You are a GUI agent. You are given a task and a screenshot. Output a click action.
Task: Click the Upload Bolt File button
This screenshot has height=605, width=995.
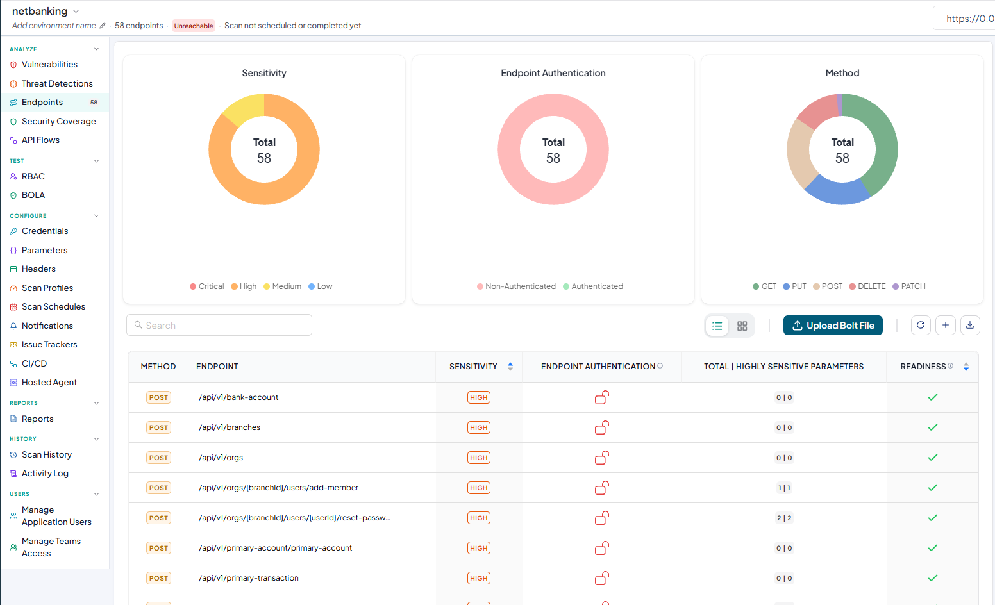[x=833, y=326]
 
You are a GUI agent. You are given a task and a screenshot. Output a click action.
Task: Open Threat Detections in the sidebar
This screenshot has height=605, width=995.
[x=57, y=83]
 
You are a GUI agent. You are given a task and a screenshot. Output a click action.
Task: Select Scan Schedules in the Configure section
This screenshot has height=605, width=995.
[x=53, y=306]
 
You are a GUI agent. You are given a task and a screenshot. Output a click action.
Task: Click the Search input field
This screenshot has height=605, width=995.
[x=219, y=325]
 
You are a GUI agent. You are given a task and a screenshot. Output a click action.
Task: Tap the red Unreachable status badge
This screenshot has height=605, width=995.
[x=193, y=26]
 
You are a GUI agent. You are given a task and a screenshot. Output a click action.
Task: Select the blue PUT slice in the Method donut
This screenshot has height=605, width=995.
[x=837, y=190]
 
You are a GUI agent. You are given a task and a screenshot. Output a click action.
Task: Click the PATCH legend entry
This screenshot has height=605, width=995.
[x=909, y=286]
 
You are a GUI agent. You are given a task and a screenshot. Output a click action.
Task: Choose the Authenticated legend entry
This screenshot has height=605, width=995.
[x=593, y=286]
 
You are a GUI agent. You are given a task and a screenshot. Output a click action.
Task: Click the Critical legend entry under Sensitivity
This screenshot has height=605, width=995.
[x=206, y=286]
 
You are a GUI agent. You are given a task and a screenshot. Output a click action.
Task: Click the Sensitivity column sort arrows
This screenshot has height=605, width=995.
[x=510, y=367]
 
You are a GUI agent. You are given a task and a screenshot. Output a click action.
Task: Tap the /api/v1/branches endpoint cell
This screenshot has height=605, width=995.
[x=230, y=427]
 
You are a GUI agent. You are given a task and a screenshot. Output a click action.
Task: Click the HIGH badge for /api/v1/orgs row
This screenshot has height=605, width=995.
[x=478, y=458]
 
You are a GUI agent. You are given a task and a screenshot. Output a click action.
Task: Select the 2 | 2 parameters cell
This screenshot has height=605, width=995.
[x=784, y=518]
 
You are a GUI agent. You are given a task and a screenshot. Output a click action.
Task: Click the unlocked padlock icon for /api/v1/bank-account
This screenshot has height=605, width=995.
[x=602, y=397]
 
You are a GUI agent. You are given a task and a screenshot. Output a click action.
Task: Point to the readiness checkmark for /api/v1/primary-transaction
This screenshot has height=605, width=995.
[x=932, y=578]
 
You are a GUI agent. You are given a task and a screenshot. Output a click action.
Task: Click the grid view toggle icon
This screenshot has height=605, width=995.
[x=742, y=326]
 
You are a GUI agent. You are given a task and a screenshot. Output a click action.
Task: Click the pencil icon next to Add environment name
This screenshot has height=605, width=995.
[x=103, y=26]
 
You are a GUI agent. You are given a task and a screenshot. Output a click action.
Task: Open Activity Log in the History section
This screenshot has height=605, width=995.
[x=45, y=474]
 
